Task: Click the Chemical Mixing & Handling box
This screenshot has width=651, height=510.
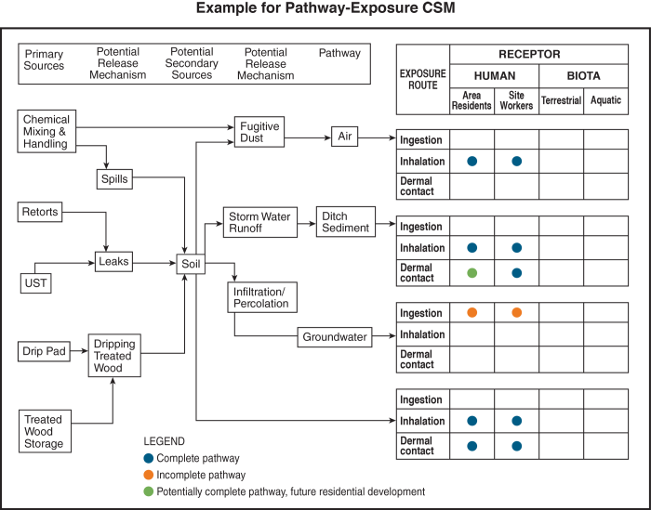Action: point(46,132)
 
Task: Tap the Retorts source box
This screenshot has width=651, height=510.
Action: point(40,213)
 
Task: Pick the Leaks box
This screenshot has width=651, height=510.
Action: point(113,263)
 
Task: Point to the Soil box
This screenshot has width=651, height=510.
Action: point(192,265)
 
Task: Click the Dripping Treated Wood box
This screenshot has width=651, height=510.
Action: point(113,356)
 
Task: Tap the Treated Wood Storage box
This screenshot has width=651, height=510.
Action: point(45,432)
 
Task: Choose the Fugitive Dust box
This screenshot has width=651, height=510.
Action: point(258,132)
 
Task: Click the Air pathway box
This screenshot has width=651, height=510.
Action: point(345,137)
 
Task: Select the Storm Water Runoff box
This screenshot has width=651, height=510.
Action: point(259,222)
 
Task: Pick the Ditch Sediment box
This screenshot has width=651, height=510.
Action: point(345,222)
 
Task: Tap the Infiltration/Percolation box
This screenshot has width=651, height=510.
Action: point(260,297)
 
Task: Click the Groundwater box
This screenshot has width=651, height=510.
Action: point(334,337)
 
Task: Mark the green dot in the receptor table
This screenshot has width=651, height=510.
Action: point(472,273)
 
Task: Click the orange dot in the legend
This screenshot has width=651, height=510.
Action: point(149,475)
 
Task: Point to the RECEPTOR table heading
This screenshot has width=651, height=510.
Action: point(529,55)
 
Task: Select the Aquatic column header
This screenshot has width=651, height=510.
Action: point(605,100)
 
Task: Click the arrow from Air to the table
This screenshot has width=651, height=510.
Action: point(378,137)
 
